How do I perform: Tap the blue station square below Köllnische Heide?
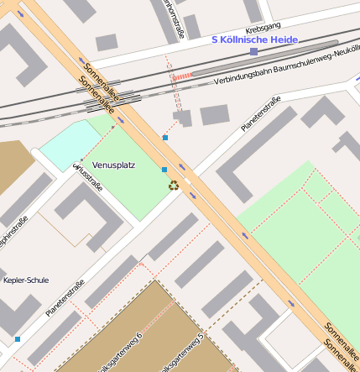point(253,51)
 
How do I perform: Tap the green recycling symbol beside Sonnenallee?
point(173,185)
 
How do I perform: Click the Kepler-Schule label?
point(26,280)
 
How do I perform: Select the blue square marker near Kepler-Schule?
point(17,339)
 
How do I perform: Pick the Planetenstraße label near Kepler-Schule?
point(65,297)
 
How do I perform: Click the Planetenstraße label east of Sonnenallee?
point(260,114)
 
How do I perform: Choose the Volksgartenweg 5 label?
point(196,351)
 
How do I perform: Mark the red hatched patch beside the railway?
point(180,76)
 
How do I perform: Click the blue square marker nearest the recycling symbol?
point(164,169)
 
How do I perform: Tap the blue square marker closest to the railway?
point(165,137)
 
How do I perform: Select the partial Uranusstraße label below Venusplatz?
point(89,177)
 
